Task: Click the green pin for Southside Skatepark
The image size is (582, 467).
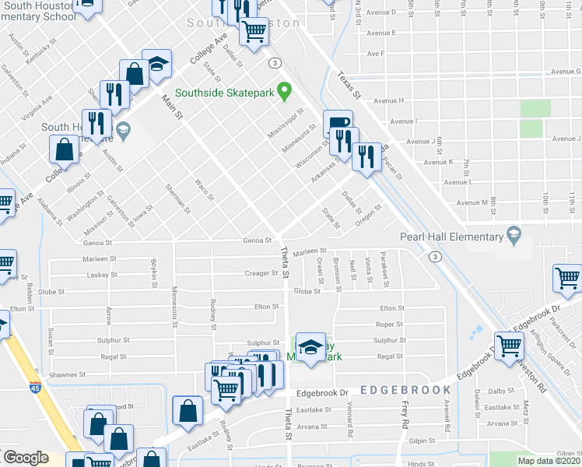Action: [284, 93]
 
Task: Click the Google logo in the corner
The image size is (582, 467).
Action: [26, 458]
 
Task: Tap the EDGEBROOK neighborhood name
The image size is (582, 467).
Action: [405, 389]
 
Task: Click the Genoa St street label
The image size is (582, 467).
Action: [258, 241]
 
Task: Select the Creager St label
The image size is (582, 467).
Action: [261, 273]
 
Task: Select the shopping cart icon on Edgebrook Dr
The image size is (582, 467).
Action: [510, 343]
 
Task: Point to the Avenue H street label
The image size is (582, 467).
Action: [388, 101]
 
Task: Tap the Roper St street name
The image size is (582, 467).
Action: [390, 325]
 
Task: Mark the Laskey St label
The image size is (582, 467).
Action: [102, 275]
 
